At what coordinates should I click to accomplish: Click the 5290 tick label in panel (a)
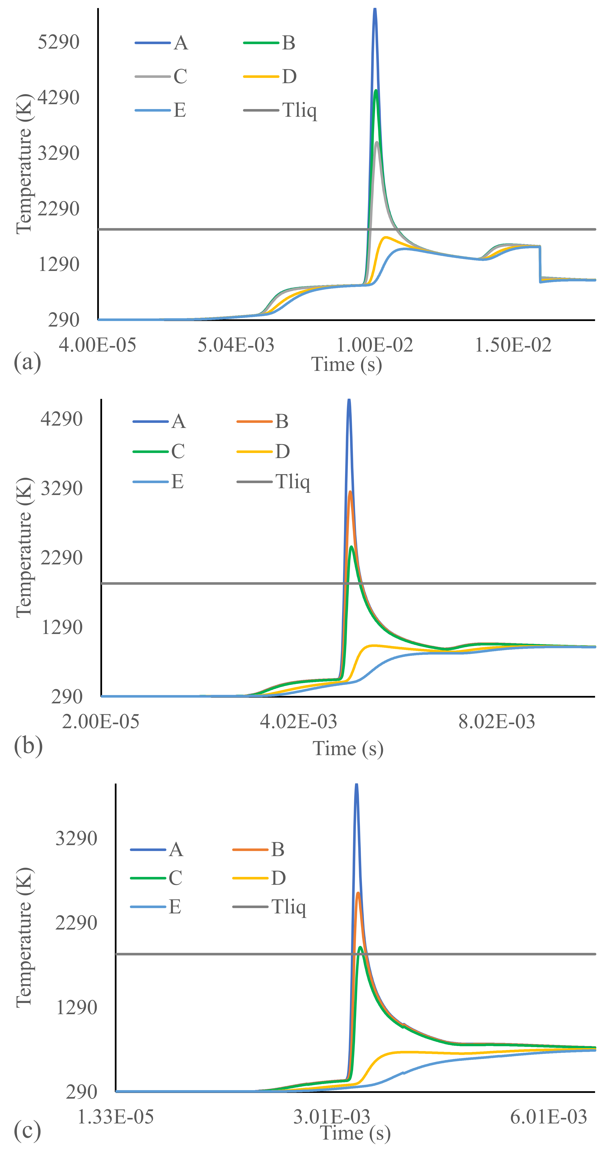point(59,42)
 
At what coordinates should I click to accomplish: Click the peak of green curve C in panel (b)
point(352,547)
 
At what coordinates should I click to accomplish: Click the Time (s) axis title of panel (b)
point(348,748)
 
